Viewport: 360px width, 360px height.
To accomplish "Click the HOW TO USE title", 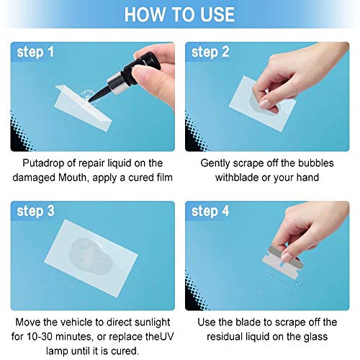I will tap(179, 14).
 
